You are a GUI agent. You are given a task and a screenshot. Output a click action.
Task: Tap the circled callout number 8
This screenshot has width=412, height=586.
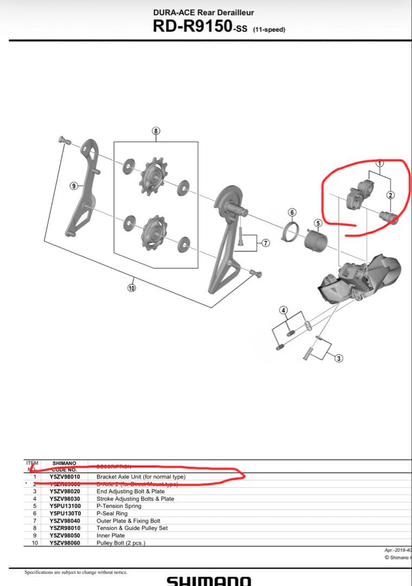coord(156,131)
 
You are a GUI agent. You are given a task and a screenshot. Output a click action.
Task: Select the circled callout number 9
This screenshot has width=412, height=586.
coord(73,186)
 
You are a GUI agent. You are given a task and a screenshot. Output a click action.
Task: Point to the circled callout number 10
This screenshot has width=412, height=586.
coord(131,288)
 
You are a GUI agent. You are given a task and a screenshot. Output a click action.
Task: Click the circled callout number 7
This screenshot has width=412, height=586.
coord(265,243)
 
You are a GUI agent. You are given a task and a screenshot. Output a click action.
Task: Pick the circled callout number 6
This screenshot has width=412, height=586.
coord(291,212)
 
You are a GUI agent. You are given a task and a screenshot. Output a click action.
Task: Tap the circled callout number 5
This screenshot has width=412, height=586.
coord(319,222)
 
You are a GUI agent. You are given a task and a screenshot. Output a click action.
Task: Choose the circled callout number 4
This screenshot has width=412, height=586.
coord(282,310)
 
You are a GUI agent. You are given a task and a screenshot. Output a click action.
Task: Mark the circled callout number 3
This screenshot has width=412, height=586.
coord(339,358)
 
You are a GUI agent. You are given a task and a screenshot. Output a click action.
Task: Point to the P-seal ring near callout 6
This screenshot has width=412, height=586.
coord(290,232)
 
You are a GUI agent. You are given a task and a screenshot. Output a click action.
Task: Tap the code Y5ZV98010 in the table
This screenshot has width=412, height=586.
coord(65,477)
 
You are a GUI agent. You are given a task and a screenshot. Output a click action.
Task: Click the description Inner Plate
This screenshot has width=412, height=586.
coord(111,536)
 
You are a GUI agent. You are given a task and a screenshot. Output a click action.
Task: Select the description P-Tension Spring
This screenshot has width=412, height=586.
coord(118,506)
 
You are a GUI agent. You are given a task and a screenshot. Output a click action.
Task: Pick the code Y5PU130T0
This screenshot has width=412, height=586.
coord(65,513)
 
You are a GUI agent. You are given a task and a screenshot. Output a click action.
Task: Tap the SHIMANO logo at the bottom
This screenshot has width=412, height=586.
coord(208,580)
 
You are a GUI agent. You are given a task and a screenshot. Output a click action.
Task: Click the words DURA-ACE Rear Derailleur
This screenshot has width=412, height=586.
coord(204,12)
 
